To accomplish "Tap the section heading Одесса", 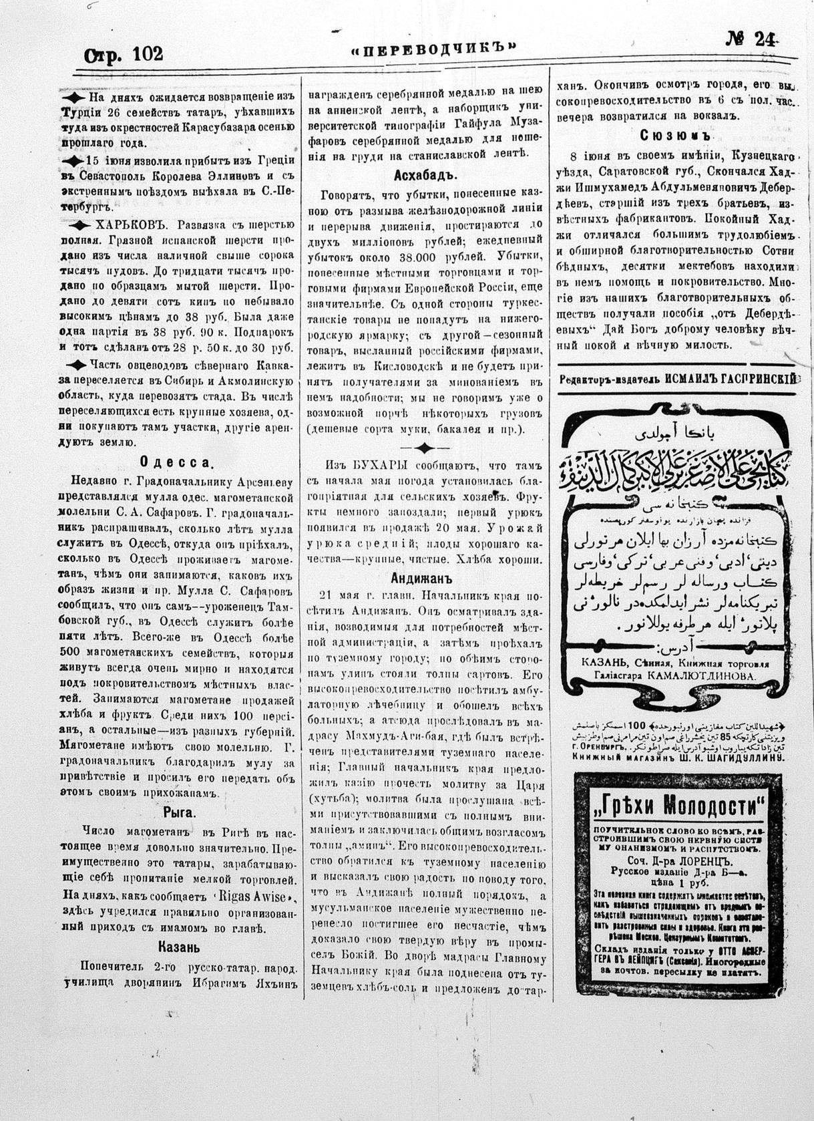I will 177,462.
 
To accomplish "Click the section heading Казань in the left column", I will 179,947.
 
